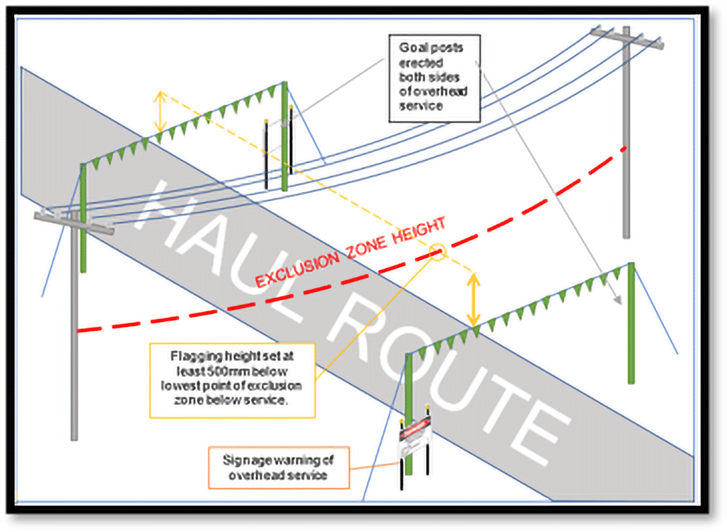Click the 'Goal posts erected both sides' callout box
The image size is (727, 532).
[433, 78]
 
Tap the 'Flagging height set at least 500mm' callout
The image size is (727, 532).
[232, 380]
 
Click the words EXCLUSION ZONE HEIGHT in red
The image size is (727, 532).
[350, 255]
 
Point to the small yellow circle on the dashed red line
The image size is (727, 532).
[438, 252]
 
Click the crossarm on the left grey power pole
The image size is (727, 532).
[74, 221]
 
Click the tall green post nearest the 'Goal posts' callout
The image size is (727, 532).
[284, 136]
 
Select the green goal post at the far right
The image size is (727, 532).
[631, 323]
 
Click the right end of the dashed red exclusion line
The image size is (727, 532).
[621, 150]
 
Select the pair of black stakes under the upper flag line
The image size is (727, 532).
[278, 153]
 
